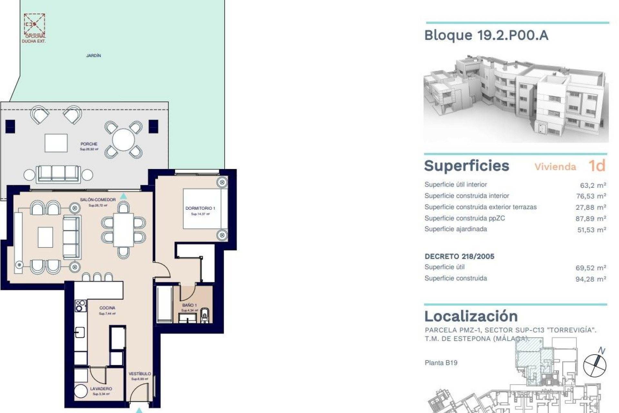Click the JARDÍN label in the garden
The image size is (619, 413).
[x=93, y=55]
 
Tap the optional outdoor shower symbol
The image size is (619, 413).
[x=34, y=24]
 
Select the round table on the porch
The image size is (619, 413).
[x=123, y=140]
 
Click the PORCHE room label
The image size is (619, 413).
[x=89, y=144]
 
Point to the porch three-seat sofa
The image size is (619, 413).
[x=58, y=174]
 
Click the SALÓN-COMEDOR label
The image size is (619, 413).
[x=98, y=200]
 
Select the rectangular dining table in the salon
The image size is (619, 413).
[x=123, y=230]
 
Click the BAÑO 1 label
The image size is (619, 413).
[x=189, y=305]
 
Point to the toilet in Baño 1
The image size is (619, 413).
[x=205, y=315]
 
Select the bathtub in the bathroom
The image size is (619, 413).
[x=164, y=304]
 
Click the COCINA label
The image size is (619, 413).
[x=107, y=308]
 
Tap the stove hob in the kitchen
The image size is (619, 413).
[x=80, y=306]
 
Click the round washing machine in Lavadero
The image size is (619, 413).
[x=81, y=391]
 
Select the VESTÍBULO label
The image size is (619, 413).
[x=140, y=374]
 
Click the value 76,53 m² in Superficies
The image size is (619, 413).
[x=591, y=196]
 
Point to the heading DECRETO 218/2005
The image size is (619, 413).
[x=459, y=257]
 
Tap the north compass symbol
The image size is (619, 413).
[x=595, y=365]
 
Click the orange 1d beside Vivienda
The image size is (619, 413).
[x=597, y=166]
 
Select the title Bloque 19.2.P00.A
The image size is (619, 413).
[x=486, y=35]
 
